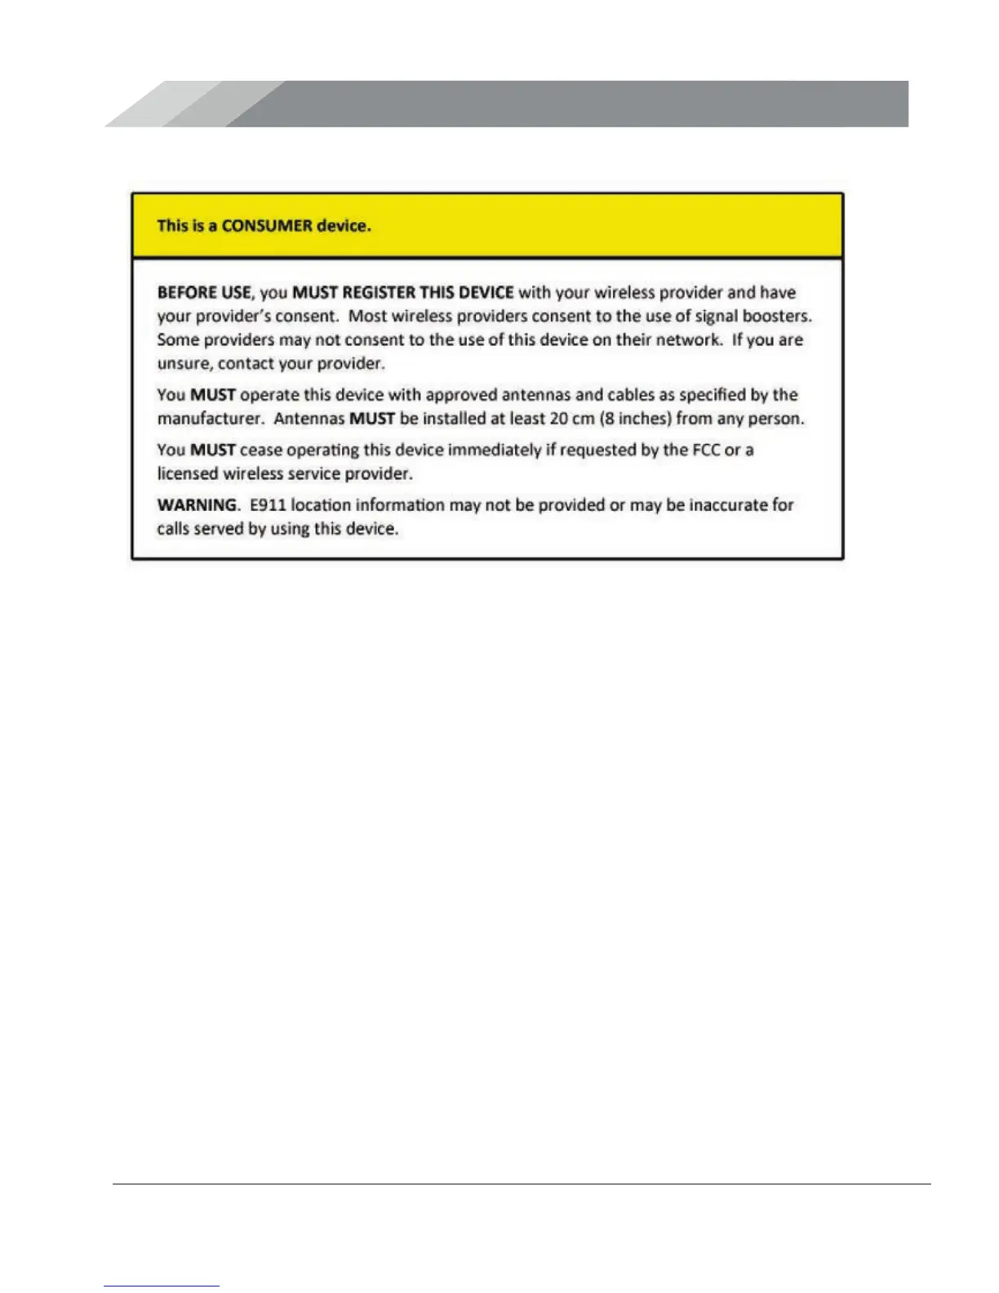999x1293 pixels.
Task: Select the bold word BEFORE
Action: [185, 292]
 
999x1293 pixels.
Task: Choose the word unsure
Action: [184, 363]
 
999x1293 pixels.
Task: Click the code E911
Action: [268, 505]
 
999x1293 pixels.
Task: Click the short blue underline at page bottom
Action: [162, 1286]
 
